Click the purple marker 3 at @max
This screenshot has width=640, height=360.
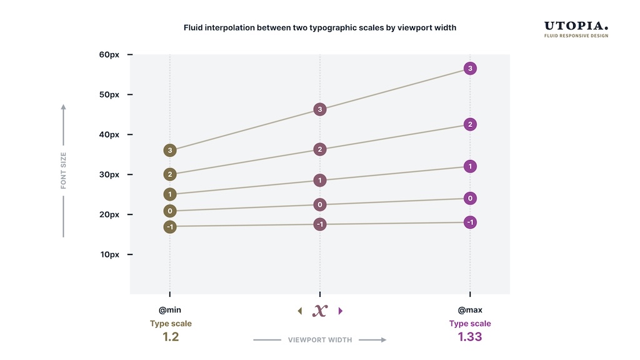pyautogui.click(x=471, y=68)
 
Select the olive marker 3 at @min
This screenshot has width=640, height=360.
pyautogui.click(x=170, y=150)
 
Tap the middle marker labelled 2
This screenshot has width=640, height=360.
pyautogui.click(x=320, y=149)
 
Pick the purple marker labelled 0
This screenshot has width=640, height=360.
pyautogui.click(x=471, y=199)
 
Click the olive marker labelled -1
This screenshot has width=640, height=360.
pyautogui.click(x=170, y=226)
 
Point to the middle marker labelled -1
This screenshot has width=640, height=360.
pyautogui.click(x=320, y=224)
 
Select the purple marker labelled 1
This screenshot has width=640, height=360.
pyautogui.click(x=471, y=166)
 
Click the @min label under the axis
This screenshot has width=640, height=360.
pyautogui.click(x=170, y=310)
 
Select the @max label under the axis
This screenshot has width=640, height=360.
pyautogui.click(x=470, y=310)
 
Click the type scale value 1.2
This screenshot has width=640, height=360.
pyautogui.click(x=171, y=337)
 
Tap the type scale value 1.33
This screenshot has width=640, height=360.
pyautogui.click(x=470, y=337)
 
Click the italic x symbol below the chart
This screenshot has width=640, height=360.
pyautogui.click(x=320, y=311)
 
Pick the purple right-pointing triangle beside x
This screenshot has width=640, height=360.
pyautogui.click(x=341, y=311)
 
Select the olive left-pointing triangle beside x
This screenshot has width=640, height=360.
pyautogui.click(x=299, y=311)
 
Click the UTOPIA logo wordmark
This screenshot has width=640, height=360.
pyautogui.click(x=576, y=26)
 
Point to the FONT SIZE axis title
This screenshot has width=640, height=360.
pyautogui.click(x=63, y=171)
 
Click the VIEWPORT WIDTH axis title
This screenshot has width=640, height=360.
pyautogui.click(x=320, y=340)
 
